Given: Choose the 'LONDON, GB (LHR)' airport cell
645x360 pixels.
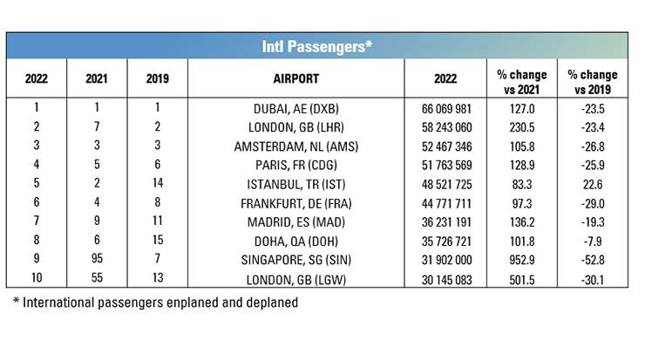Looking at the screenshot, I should click(299, 127).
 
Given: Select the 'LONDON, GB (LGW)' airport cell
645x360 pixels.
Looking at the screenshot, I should click(299, 280).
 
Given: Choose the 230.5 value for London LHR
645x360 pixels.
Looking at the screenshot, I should click(519, 127).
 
